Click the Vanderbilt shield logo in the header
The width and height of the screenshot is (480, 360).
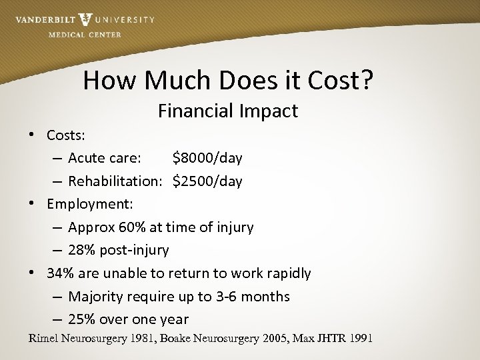coord(85,20)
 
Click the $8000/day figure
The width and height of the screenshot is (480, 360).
coord(207,158)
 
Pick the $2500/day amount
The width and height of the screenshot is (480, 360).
coord(207,181)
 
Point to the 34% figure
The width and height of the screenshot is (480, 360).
coord(59,273)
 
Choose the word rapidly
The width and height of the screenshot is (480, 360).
coord(287,273)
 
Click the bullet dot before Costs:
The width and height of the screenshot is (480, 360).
coord(32,135)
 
